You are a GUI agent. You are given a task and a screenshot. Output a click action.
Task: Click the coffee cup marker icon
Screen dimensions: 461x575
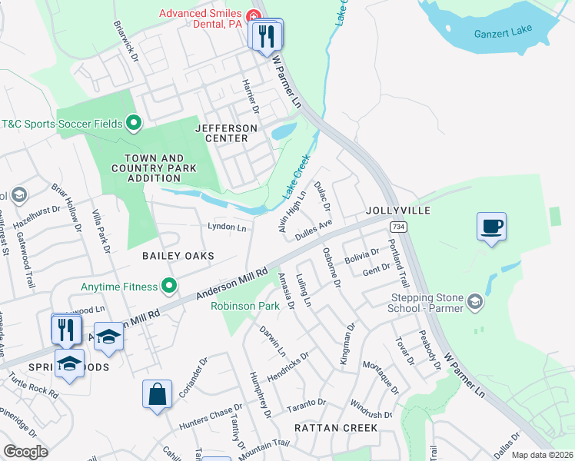tap(491, 227)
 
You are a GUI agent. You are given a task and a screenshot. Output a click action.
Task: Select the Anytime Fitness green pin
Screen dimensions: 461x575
tap(170, 287)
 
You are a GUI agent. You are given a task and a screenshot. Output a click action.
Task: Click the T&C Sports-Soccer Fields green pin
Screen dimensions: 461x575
tap(133, 122)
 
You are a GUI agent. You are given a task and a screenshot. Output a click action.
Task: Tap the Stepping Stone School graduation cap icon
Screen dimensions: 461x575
tap(475, 300)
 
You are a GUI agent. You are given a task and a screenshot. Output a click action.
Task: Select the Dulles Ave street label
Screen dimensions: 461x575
tap(313, 228)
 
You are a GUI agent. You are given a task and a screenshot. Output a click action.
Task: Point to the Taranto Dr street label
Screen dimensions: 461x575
tap(307, 403)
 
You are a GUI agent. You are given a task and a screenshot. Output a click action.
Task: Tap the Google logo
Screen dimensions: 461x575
tap(25, 451)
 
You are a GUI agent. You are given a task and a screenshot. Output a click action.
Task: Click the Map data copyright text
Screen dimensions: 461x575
tap(541, 455)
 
